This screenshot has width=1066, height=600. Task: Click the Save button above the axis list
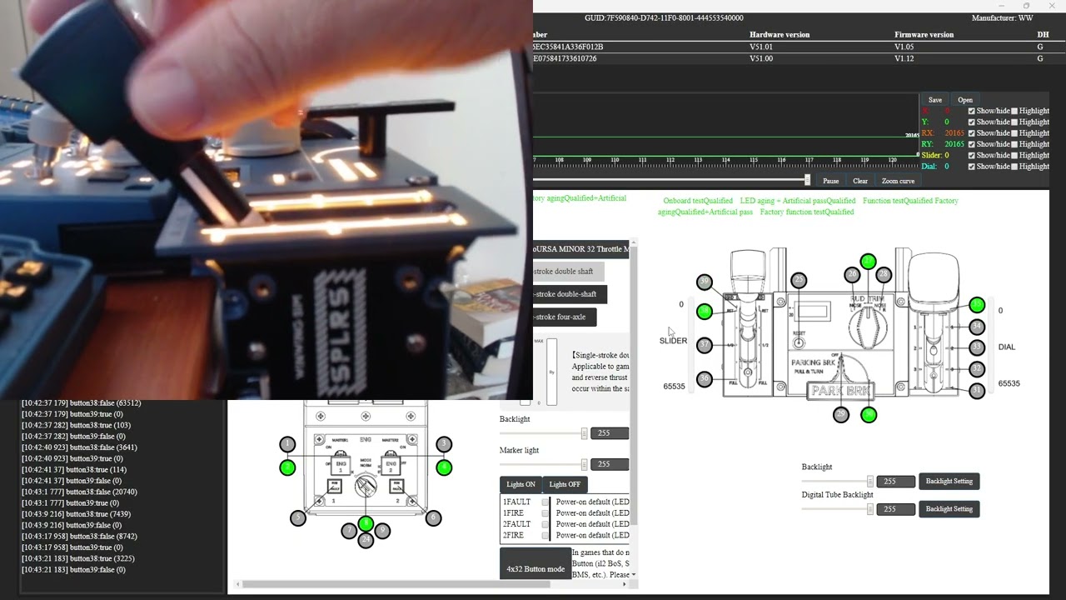[x=935, y=100]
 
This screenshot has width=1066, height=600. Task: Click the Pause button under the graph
[x=830, y=181]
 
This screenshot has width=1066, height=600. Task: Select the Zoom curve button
[x=898, y=181]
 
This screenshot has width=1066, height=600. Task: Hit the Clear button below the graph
[x=860, y=181]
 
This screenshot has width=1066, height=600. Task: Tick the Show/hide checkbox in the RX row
[x=971, y=133]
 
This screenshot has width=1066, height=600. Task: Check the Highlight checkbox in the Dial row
[x=1014, y=167]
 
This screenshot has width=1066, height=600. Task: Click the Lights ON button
[x=521, y=484]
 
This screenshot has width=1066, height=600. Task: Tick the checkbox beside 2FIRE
[x=545, y=535]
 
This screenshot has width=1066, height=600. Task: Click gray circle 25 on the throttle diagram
[x=799, y=280]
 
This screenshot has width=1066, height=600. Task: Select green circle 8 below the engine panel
[x=366, y=523]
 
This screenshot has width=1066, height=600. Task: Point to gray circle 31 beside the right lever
[x=977, y=391]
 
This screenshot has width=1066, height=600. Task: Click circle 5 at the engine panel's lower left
[x=297, y=518]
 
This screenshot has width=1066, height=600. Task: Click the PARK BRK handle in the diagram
[x=840, y=390]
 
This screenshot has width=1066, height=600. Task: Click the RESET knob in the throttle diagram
[x=799, y=342]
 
